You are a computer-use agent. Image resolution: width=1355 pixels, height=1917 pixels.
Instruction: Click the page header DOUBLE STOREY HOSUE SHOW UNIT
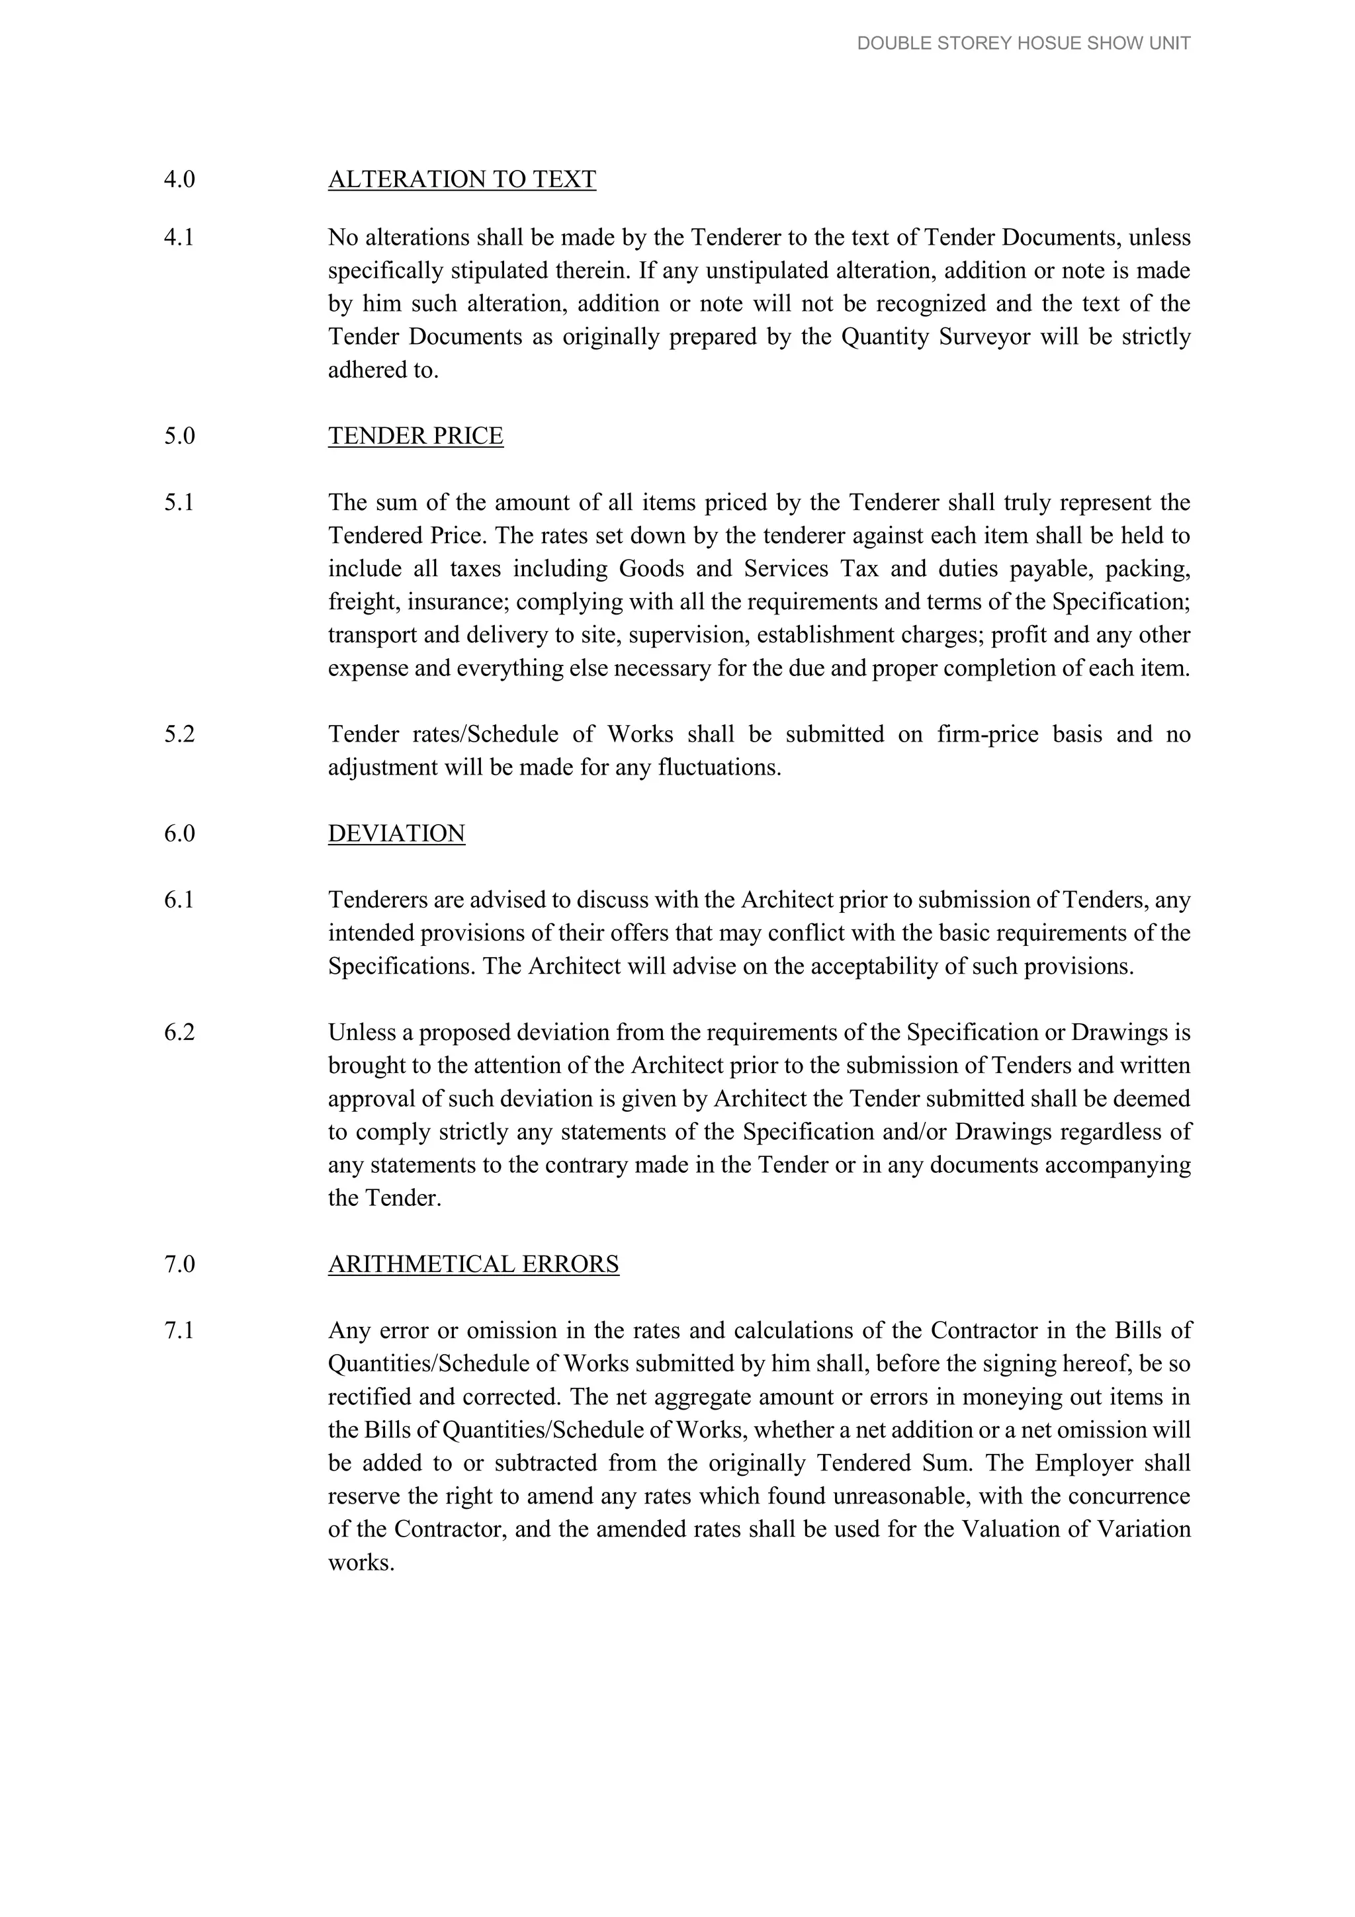click(1023, 44)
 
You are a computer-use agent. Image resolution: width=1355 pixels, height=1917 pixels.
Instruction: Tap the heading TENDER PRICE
click(415, 436)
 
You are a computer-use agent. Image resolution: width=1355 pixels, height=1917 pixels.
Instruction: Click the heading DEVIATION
click(396, 833)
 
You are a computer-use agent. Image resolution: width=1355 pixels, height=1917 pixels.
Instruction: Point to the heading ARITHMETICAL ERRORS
click(473, 1264)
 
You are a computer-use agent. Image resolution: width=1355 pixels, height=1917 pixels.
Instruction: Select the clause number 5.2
click(179, 734)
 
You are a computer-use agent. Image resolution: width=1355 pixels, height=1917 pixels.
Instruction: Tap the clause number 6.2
click(179, 1032)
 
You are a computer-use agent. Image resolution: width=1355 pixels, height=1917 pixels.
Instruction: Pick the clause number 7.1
click(179, 1330)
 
